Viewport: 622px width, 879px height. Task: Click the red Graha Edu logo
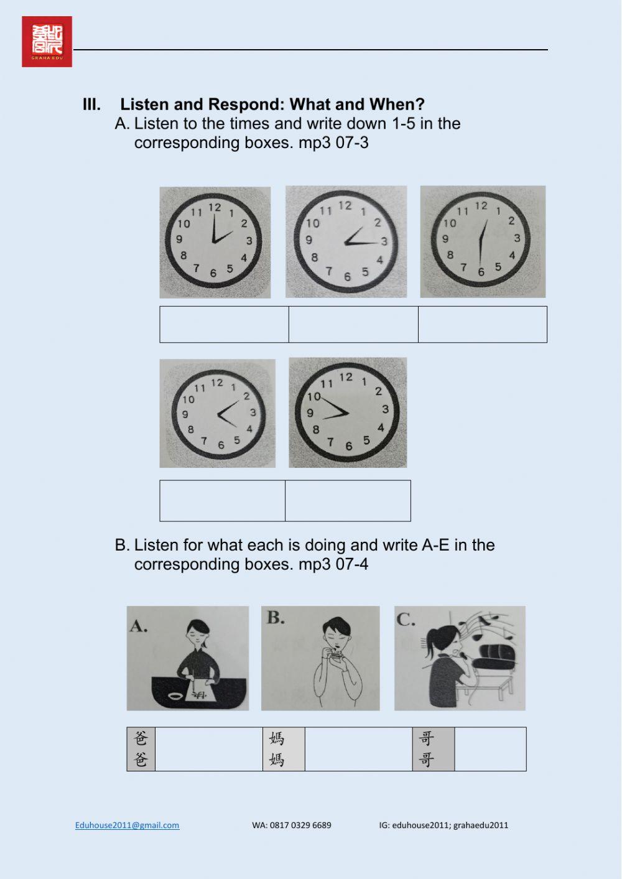pyautogui.click(x=47, y=42)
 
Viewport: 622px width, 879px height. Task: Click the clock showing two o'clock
pyautogui.click(x=215, y=242)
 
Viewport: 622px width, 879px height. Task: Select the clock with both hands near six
pyautogui.click(x=482, y=241)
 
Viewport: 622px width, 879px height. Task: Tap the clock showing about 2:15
pyautogui.click(x=346, y=241)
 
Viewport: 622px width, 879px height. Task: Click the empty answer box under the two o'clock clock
pyautogui.click(x=224, y=324)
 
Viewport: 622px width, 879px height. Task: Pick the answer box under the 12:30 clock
pyautogui.click(x=482, y=324)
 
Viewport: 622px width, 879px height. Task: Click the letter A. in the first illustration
pyautogui.click(x=139, y=626)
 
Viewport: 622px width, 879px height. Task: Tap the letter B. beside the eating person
pyautogui.click(x=276, y=618)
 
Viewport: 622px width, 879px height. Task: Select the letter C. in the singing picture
pyautogui.click(x=406, y=619)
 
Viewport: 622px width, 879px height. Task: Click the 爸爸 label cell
pyautogui.click(x=141, y=749)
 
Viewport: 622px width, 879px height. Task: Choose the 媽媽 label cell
pyautogui.click(x=277, y=749)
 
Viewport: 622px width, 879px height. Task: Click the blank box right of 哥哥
pyautogui.click(x=490, y=749)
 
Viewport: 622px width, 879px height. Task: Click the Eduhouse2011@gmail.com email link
pyautogui.click(x=127, y=826)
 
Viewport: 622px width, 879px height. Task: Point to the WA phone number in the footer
pyautogui.click(x=292, y=826)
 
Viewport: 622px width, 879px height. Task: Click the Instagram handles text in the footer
pyautogui.click(x=443, y=826)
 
